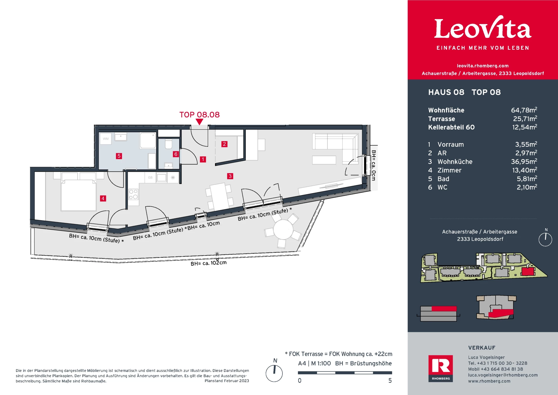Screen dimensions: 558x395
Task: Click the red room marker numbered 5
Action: tap(119, 156)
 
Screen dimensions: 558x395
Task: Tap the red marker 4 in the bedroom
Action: tap(103, 199)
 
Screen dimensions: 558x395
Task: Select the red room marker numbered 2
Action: tap(224, 144)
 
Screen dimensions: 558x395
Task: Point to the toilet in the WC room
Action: tap(169, 144)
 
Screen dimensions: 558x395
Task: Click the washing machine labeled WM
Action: tap(105, 139)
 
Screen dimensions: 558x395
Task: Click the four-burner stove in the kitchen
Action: tap(133, 194)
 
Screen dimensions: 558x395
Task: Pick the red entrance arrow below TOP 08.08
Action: tap(199, 122)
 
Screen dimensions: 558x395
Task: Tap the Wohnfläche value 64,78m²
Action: tap(524, 110)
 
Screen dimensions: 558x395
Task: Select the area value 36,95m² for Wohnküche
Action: tap(524, 162)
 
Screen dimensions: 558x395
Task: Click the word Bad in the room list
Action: tap(443, 179)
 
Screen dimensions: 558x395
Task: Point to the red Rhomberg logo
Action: tap(441, 368)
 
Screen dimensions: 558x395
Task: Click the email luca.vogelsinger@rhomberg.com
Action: tap(503, 375)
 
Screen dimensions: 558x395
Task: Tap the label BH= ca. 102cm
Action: tap(209, 263)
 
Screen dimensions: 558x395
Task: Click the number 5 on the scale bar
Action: tap(390, 380)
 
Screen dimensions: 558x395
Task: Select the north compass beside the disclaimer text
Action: tap(274, 373)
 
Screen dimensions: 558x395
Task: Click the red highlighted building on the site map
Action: tap(528, 272)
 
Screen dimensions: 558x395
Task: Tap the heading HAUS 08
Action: tap(446, 92)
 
